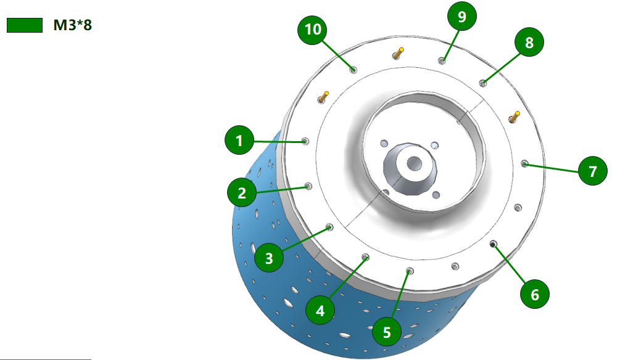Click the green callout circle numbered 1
coord(239,140)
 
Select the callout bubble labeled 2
coord(241,192)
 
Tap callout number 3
coord(269,258)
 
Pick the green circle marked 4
coord(320,311)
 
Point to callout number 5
coord(387,332)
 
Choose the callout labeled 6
coord(535,295)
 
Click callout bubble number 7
coord(593,171)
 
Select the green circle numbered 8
coord(529,42)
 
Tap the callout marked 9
coord(462,16)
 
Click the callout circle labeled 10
coord(312,29)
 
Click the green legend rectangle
coord(25,25)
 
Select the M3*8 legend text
coord(73,25)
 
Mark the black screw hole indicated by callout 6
coord(493,243)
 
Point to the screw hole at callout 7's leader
coord(524,163)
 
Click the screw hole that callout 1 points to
coord(305,141)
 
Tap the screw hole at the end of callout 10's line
coord(353,70)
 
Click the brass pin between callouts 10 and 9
coord(398,53)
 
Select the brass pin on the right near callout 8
coord(514,117)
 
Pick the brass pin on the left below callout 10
coord(323,97)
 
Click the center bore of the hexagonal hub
coord(414,163)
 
